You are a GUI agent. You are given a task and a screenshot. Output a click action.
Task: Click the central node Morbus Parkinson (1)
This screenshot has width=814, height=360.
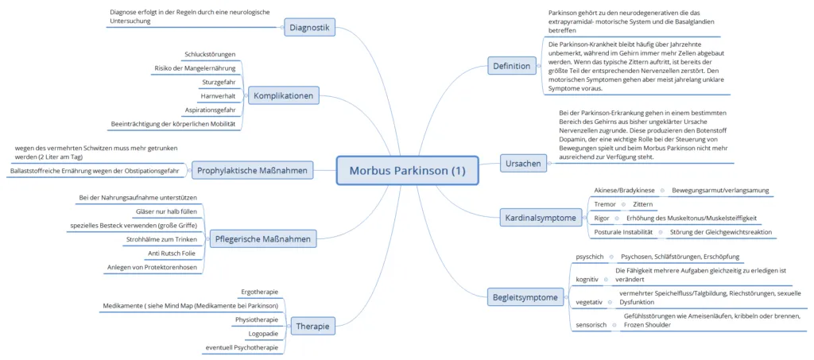(x=406, y=171)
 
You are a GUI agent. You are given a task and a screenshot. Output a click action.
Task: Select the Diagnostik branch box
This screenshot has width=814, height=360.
(x=309, y=27)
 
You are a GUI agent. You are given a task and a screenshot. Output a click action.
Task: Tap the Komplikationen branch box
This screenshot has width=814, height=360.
(x=283, y=96)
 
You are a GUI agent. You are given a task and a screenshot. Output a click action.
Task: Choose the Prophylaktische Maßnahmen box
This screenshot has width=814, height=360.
(x=252, y=169)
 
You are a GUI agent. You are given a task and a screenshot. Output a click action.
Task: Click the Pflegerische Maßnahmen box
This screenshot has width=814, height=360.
(x=262, y=238)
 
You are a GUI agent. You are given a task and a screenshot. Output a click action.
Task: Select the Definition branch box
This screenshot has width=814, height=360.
(x=511, y=66)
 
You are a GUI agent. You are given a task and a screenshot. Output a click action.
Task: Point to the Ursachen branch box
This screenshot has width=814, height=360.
(x=523, y=165)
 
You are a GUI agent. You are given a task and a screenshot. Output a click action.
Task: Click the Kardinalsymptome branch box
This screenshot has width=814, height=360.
(x=541, y=216)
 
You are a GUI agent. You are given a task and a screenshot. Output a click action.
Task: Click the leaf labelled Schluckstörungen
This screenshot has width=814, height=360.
(x=210, y=54)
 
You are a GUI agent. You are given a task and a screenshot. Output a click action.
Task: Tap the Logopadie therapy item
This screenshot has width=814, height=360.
(x=262, y=333)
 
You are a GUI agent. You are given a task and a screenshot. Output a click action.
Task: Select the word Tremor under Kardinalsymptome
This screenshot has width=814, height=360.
(x=604, y=204)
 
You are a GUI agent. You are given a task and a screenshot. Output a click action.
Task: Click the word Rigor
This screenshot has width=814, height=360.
(x=602, y=218)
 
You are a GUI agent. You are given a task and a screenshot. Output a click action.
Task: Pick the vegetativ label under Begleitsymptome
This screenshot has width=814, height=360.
(x=589, y=302)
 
